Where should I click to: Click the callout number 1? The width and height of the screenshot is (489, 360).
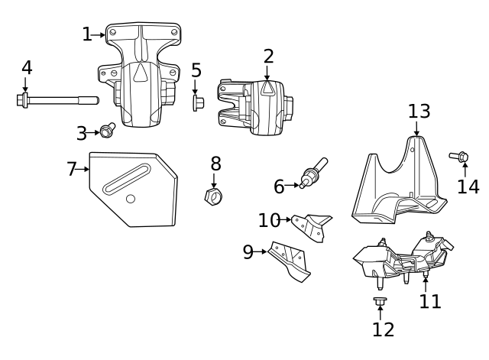[x=86, y=34]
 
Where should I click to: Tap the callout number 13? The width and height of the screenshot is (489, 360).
[x=419, y=112]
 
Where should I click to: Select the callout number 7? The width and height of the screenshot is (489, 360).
[x=72, y=169]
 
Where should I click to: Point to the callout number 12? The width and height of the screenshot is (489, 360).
[x=383, y=329]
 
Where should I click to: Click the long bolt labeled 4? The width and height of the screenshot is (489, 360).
[x=57, y=99]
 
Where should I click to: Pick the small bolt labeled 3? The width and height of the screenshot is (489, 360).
[x=107, y=131]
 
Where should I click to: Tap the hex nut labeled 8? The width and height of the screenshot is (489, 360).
[x=214, y=197]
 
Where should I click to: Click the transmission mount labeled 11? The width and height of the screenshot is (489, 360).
[x=397, y=260]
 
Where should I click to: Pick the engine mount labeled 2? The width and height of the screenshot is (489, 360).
[x=256, y=107]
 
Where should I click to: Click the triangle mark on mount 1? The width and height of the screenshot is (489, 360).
[x=141, y=73]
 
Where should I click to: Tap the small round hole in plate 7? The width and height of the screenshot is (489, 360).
[x=131, y=199]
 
